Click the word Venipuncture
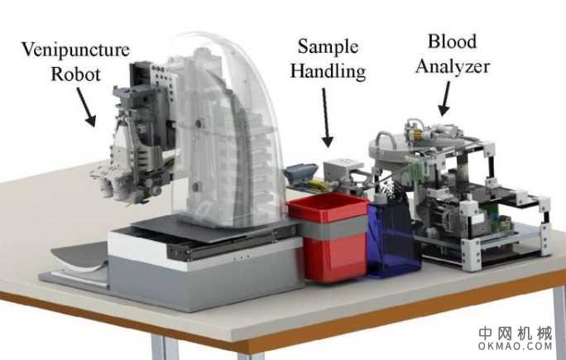click(x=75, y=50)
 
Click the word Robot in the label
click(x=76, y=74)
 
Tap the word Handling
click(x=329, y=71)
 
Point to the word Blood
click(x=452, y=41)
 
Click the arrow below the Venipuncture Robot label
click(x=86, y=108)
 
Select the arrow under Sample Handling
click(x=327, y=118)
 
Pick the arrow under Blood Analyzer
click(x=444, y=98)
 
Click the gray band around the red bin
click(x=332, y=228)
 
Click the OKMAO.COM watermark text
click(x=515, y=346)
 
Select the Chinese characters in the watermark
click(x=516, y=334)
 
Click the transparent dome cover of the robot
click(x=231, y=130)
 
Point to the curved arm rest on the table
click(x=80, y=257)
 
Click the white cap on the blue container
click(x=379, y=198)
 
